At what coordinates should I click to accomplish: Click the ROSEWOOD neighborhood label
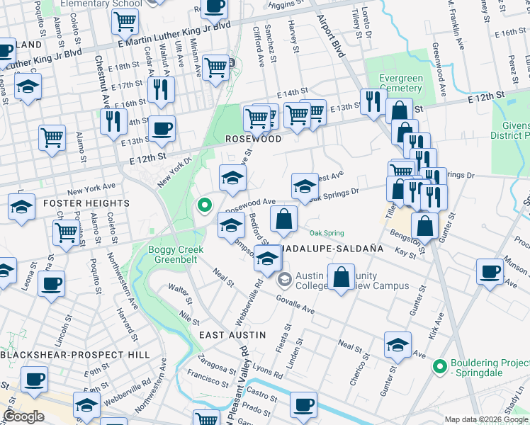pyautogui.click(x=254, y=140)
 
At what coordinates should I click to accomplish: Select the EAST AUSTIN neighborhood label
pyautogui.click(x=232, y=334)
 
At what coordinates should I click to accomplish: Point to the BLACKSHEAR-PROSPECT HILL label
pyautogui.click(x=75, y=354)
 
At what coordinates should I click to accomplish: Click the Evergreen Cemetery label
pyautogui.click(x=400, y=83)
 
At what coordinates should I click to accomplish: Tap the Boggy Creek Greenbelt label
pyautogui.click(x=176, y=255)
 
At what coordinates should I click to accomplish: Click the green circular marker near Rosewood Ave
pyautogui.click(x=205, y=206)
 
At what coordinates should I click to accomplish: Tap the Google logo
pyautogui.click(x=23, y=416)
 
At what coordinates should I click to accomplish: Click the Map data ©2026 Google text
pyautogui.click(x=486, y=419)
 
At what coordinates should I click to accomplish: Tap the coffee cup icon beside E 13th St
pyautogui.click(x=163, y=128)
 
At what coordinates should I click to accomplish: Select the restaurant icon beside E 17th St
pyautogui.click(x=163, y=89)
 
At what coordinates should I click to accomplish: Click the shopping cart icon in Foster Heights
pyautogui.click(x=66, y=230)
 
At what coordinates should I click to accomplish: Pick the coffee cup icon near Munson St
pyautogui.click(x=489, y=271)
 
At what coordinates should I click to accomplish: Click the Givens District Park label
pyautogui.click(x=511, y=130)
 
